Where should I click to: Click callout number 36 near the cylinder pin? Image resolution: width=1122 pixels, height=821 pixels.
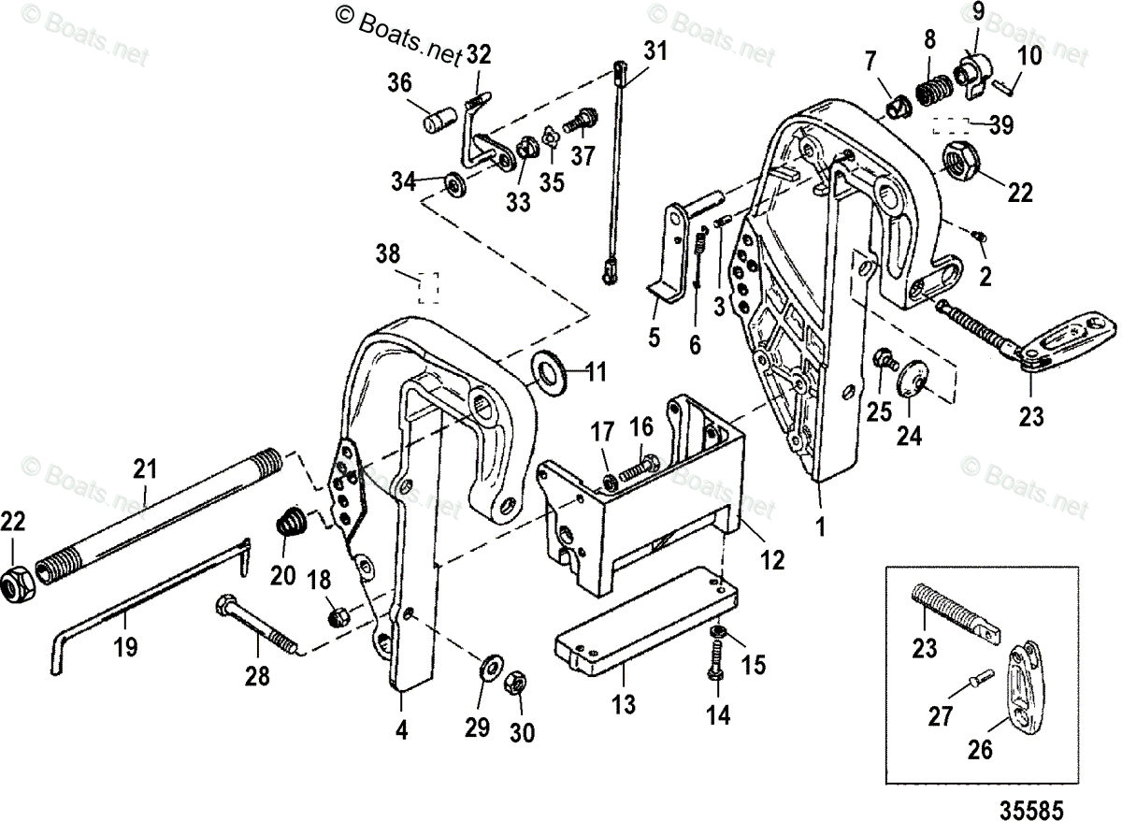pyautogui.click(x=399, y=84)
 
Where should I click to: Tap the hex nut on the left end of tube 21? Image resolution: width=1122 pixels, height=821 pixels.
pyautogui.click(x=18, y=583)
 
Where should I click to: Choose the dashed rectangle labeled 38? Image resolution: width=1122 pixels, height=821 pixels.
pyautogui.click(x=428, y=286)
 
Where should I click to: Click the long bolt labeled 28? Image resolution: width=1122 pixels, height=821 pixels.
pyautogui.click(x=256, y=627)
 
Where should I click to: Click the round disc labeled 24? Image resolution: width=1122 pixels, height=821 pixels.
pyautogui.click(x=911, y=379)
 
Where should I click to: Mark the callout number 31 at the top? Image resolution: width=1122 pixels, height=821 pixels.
pyautogui.click(x=655, y=50)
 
